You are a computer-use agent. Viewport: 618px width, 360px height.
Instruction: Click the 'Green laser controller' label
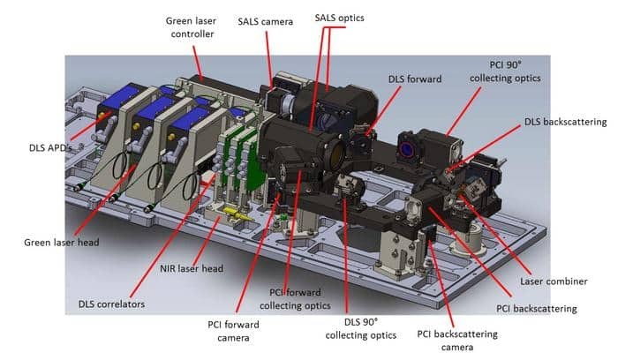(192, 27)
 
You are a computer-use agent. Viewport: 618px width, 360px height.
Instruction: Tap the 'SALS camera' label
(265, 22)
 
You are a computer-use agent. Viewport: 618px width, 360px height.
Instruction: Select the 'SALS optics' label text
(339, 18)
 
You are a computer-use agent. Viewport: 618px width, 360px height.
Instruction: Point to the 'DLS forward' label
(415, 79)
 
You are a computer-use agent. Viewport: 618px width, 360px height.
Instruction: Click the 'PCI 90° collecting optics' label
(505, 71)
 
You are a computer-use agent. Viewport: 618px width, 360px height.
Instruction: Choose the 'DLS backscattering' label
(565, 122)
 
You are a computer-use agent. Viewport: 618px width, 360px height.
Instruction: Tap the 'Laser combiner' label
(554, 281)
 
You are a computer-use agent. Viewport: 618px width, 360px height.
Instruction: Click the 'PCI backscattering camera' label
(457, 341)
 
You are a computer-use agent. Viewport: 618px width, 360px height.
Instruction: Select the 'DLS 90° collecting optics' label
(360, 328)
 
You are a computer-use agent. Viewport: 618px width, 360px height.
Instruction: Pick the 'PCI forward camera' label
(233, 331)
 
